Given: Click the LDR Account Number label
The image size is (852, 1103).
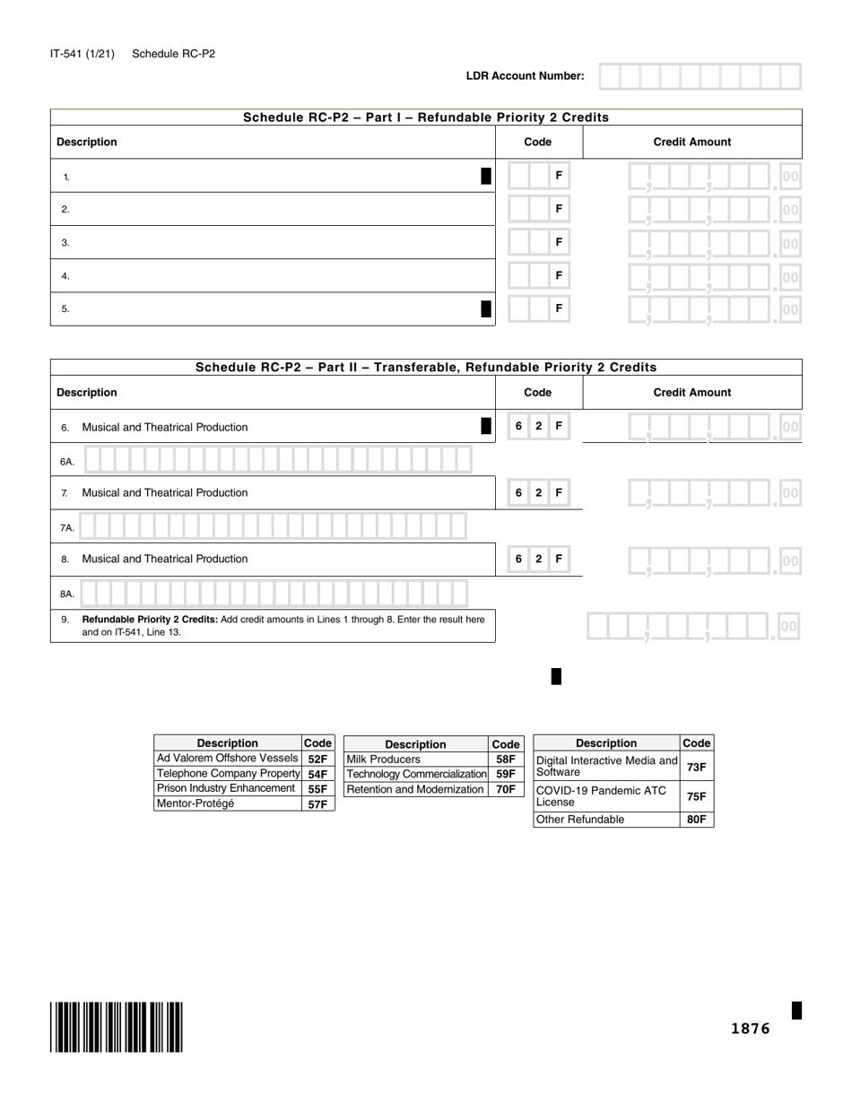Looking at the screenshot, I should point(525,76).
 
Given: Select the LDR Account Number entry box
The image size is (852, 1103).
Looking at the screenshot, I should point(700,76).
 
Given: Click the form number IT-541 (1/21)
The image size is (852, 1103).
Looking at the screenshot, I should point(83,54).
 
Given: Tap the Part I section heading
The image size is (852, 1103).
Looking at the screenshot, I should point(426,117).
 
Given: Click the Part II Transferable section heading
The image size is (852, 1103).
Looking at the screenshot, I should point(426,367).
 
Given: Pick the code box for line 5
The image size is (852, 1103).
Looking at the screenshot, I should point(538,308).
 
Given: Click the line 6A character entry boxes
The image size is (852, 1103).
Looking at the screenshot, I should point(277,460).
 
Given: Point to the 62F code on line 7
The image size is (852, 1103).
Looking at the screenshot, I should point(538,492).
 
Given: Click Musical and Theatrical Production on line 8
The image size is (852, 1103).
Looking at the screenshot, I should point(165,559).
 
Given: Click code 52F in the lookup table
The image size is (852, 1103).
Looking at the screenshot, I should point(317,759).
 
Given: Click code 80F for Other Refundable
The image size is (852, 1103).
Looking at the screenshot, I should point(696,820).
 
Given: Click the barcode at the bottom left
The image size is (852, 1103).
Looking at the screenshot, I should point(117,1027).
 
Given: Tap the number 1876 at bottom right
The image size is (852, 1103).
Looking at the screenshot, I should point(750,1029).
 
